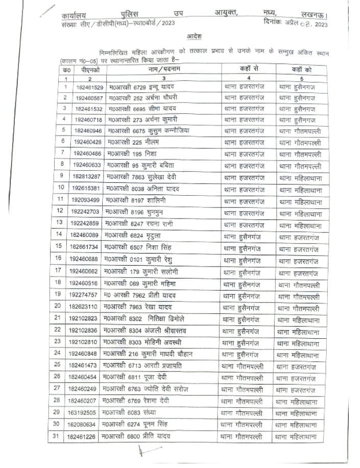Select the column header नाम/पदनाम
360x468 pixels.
(164, 69)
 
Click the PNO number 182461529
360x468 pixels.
(89, 87)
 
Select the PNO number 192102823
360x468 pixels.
(84, 318)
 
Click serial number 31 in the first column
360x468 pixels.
(56, 436)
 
